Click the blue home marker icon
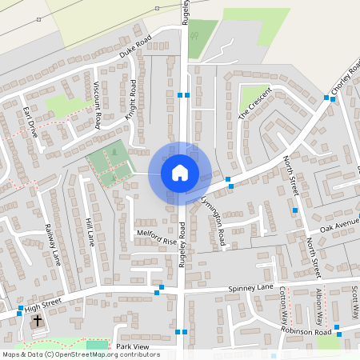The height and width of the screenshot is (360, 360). click(x=180, y=172)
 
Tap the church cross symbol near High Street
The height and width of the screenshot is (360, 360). click(x=37, y=321)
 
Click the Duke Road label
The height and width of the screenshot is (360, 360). click(x=135, y=48)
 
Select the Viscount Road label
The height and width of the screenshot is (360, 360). click(x=97, y=105)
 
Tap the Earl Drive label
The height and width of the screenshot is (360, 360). click(x=30, y=122)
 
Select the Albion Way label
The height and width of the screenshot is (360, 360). click(x=319, y=302)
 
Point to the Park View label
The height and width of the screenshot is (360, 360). click(x=133, y=346)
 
